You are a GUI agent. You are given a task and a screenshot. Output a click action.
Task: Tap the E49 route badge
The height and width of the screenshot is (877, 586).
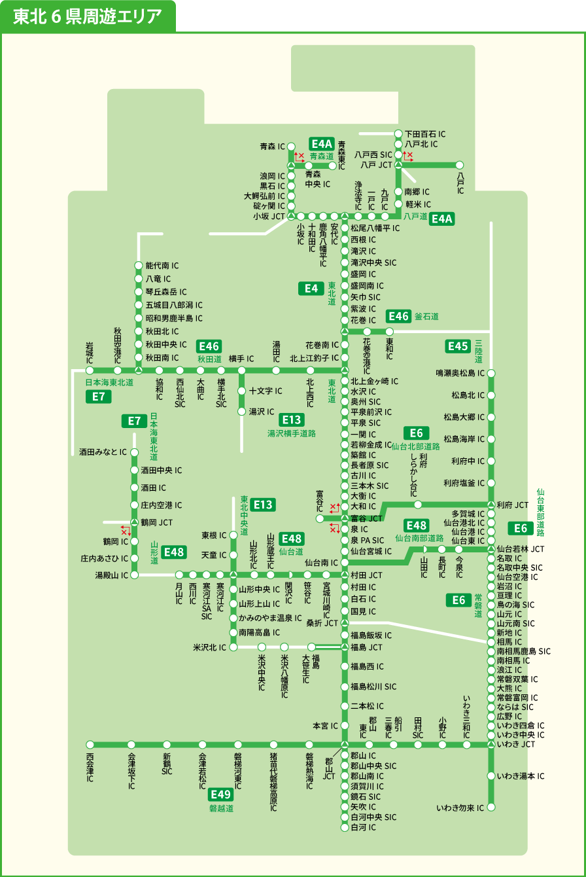(x=221, y=795)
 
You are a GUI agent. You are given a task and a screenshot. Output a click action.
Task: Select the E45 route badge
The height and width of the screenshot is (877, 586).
(x=458, y=346)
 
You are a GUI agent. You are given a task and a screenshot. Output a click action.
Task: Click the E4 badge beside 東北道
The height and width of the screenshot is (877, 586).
(x=311, y=288)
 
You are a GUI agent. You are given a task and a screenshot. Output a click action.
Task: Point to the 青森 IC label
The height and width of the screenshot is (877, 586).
(x=272, y=147)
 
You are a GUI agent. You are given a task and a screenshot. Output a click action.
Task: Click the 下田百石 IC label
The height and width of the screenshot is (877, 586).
(x=425, y=134)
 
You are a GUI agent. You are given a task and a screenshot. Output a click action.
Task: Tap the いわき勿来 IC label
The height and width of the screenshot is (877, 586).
(x=460, y=808)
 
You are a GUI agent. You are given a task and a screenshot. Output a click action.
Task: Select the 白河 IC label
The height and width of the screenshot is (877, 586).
(x=363, y=827)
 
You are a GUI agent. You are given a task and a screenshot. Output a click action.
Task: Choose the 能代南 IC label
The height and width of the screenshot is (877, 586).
(x=162, y=266)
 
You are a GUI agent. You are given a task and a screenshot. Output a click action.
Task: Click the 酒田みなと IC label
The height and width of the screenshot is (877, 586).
(x=103, y=452)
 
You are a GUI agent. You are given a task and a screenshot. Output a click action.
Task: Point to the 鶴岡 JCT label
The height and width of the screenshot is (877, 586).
(x=156, y=523)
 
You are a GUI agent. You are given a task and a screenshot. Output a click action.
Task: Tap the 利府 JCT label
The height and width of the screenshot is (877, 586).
(x=512, y=505)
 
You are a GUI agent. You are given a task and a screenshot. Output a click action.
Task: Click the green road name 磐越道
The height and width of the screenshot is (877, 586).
(x=221, y=808)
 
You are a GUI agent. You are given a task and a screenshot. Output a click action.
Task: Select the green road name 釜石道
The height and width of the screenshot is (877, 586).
(x=426, y=317)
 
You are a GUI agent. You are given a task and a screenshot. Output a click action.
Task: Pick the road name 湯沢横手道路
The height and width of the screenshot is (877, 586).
(x=292, y=433)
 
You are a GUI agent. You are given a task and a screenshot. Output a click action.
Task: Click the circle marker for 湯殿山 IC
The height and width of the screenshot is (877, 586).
(x=135, y=575)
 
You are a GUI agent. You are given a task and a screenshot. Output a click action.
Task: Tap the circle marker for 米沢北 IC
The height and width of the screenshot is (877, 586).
(x=233, y=647)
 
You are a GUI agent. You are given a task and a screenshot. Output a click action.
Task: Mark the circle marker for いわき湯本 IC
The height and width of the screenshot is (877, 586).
(x=491, y=776)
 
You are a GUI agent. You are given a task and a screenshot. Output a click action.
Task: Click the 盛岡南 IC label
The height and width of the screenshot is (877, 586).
(x=367, y=286)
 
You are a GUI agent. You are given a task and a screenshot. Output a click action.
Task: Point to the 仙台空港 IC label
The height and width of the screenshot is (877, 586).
(x=517, y=577)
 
